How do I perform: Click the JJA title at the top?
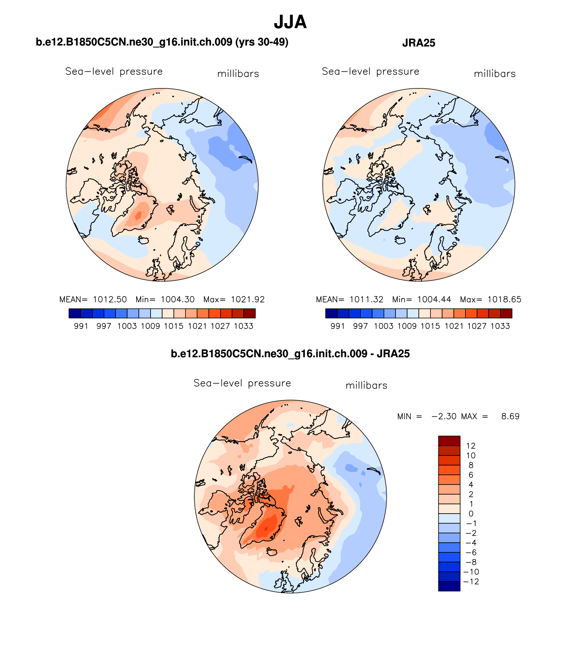(x=290, y=22)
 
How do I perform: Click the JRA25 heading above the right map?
(x=418, y=43)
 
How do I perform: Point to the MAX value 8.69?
(x=510, y=416)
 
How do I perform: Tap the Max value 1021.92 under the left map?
(x=247, y=300)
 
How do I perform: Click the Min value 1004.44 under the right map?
(x=434, y=300)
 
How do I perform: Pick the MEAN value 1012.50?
(x=110, y=300)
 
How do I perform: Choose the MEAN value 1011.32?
(x=366, y=300)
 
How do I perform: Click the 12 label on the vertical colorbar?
(x=471, y=446)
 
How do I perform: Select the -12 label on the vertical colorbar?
(x=471, y=582)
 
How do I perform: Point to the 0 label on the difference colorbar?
(x=471, y=514)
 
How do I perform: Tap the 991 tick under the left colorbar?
(x=81, y=326)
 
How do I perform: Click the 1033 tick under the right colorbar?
(x=500, y=326)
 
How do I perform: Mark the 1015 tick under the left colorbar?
(x=174, y=326)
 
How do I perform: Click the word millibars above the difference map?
(x=366, y=386)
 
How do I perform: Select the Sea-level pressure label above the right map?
(x=370, y=72)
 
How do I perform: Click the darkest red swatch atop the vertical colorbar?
(x=449, y=441)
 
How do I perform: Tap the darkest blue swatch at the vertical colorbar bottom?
(x=449, y=586)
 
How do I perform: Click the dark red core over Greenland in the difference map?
(x=266, y=528)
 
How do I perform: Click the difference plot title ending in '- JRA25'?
(x=290, y=354)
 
